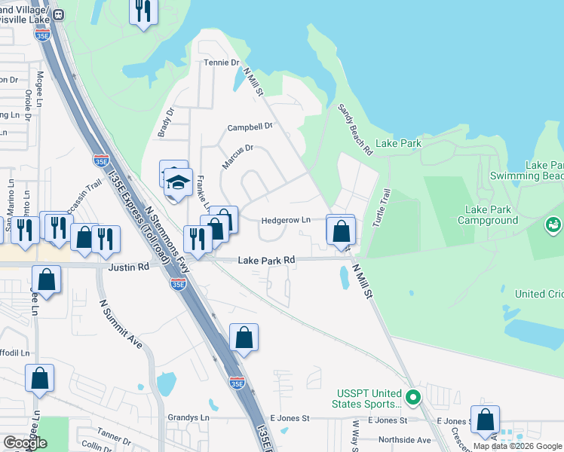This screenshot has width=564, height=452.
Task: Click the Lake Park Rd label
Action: point(266,260)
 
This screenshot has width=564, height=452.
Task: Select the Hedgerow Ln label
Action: point(286,221)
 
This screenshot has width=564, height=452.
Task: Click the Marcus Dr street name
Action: point(238,157)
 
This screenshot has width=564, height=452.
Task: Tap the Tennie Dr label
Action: point(221,63)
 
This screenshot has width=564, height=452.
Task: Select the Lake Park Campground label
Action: point(492,215)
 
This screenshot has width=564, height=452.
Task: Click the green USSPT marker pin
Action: point(412,396)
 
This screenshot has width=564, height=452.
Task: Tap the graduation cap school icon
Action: point(179,183)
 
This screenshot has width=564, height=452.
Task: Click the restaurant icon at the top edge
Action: point(143,11)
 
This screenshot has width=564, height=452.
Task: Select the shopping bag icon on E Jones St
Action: point(486,420)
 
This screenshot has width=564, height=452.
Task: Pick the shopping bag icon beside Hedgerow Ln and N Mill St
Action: point(341,231)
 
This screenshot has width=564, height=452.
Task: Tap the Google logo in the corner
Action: point(25,442)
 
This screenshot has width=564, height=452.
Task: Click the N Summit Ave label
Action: point(121,324)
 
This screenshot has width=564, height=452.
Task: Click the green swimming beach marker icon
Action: point(553,224)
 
